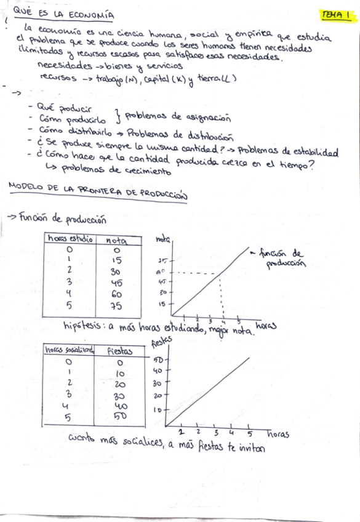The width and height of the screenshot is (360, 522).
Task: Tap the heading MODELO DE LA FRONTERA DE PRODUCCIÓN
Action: click(x=97, y=192)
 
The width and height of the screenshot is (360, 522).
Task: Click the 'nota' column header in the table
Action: click(x=116, y=240)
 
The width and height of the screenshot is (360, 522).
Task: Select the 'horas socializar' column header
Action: click(x=69, y=350)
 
